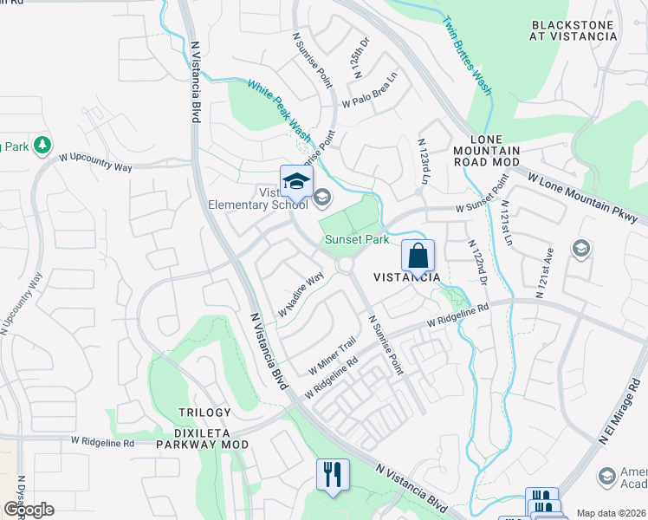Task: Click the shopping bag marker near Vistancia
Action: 418,257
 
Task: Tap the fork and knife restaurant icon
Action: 333,475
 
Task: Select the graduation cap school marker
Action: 296,181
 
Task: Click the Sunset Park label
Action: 356,240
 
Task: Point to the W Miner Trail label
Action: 333,355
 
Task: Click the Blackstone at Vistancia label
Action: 573,31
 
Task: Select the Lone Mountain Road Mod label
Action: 496,151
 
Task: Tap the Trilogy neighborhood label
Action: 204,413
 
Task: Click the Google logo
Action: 29,510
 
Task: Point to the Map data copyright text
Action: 610,513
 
